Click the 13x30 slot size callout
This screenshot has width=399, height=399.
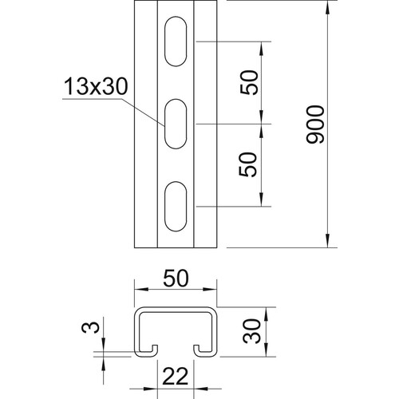point(96,86)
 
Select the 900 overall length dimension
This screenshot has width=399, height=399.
point(315,124)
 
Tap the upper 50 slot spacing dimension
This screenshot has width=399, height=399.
point(249,82)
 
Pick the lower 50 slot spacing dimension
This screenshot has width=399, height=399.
point(248,164)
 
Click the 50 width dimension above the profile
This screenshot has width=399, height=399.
point(176,278)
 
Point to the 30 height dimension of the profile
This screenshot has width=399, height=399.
point(251,331)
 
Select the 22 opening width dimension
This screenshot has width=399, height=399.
point(176,376)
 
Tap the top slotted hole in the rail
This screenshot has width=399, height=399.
point(176,41)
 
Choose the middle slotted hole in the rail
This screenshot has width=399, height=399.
point(176,124)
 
